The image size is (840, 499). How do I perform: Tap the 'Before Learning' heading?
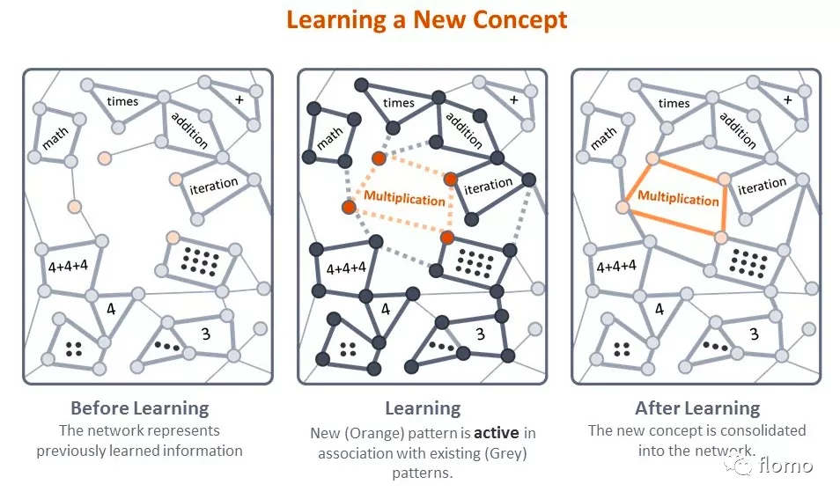tap(139, 408)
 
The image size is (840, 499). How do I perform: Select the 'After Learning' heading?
tap(697, 408)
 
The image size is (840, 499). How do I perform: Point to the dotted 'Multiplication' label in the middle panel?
tap(405, 198)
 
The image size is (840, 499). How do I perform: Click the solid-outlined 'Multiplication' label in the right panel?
tap(678, 198)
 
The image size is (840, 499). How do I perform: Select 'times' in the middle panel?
tap(399, 103)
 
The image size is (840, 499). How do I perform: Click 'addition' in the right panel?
tap(738, 129)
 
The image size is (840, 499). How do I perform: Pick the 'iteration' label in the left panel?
tap(214, 185)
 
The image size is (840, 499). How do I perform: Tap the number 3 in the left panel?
tap(206, 334)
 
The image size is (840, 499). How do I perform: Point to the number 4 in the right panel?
tap(659, 309)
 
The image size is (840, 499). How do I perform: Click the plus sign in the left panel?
tap(239, 100)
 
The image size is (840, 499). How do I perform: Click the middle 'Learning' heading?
tap(423, 408)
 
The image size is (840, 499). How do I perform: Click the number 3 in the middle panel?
tap(480, 334)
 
